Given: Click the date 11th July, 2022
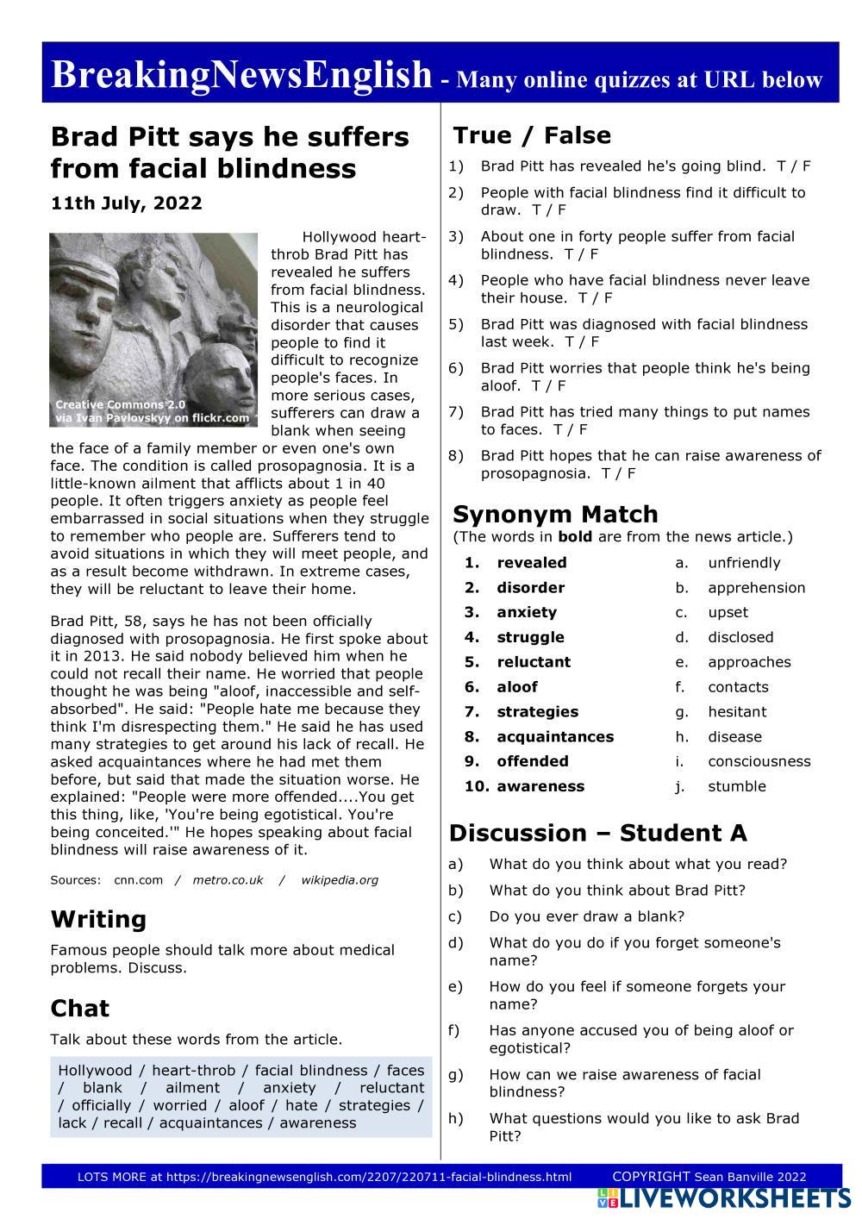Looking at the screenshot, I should [127, 203].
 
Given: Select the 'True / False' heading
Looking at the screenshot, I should [532, 135].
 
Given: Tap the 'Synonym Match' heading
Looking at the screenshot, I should [555, 514].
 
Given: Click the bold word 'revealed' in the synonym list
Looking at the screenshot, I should [532, 563].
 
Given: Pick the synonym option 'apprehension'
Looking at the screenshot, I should [756, 588].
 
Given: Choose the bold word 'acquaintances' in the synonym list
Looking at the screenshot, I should [555, 737].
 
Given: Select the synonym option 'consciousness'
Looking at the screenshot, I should [759, 761].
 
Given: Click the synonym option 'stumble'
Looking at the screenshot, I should [736, 786].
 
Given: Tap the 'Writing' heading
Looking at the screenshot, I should [98, 919].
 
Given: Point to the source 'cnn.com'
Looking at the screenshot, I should [138, 880].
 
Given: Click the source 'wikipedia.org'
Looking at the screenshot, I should [340, 880].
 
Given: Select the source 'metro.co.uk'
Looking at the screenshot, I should [228, 880].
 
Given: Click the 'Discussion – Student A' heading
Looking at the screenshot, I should [598, 833].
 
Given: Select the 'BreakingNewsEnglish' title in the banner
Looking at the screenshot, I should [241, 75].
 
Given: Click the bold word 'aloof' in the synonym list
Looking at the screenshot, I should [516, 687].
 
